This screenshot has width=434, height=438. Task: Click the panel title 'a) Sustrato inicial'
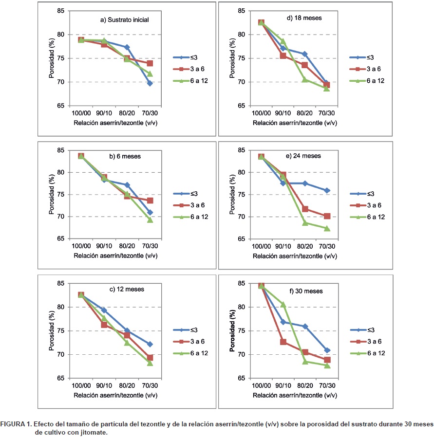point(124,20)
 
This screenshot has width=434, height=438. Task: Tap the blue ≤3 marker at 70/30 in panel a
point(150,83)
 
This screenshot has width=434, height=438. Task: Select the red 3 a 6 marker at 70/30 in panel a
point(150,63)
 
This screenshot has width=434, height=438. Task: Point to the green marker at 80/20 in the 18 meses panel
point(305,79)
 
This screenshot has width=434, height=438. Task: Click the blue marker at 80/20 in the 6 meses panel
point(127,185)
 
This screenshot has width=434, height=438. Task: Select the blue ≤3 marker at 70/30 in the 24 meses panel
point(327,190)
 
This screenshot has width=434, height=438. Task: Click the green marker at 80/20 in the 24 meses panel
point(305,223)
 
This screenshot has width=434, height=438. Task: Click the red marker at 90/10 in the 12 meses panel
point(104,325)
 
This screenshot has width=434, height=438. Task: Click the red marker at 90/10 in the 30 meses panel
point(283,342)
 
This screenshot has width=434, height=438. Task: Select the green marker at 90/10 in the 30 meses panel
point(283,305)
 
